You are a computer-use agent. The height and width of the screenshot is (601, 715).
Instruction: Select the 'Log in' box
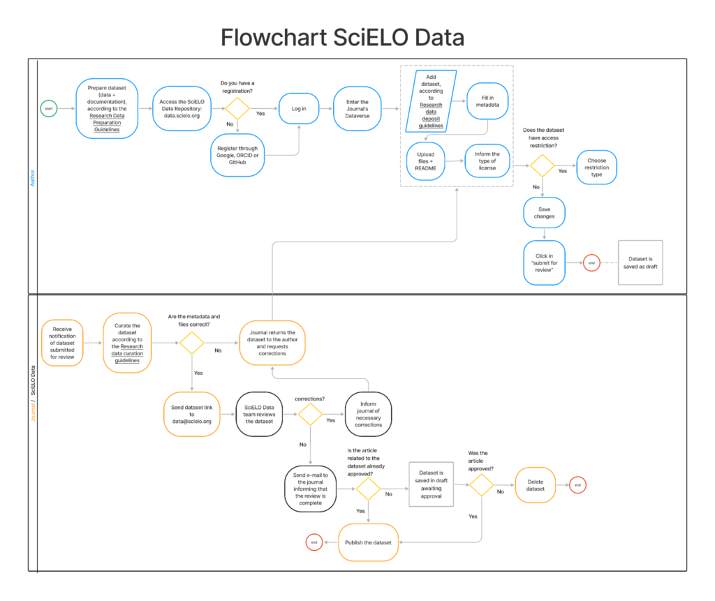(x=299, y=109)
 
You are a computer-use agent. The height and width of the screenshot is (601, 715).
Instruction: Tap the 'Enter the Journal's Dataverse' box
(x=357, y=109)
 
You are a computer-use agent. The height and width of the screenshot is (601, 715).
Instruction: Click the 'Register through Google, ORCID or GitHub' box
(x=237, y=155)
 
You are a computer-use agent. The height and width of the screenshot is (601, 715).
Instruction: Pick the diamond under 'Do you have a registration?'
(x=237, y=109)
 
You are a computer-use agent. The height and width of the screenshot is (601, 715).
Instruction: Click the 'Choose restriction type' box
(x=596, y=168)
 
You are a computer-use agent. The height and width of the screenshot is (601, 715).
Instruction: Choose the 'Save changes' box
(x=544, y=212)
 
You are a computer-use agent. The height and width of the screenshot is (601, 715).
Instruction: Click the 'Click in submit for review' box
(x=544, y=263)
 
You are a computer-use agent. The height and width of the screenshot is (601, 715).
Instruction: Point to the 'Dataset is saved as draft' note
(x=640, y=262)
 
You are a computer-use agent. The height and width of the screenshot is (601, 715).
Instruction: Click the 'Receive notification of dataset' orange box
(x=62, y=343)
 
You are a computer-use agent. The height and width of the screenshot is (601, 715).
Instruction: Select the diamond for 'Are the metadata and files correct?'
(x=191, y=343)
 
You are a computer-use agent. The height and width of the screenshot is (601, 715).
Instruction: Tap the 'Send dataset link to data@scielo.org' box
(x=191, y=415)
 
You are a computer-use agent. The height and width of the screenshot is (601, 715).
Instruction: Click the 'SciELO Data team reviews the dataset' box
(x=260, y=415)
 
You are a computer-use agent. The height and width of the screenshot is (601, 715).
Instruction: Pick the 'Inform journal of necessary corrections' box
(x=368, y=415)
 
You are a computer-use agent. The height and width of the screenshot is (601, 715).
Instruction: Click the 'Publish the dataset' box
(x=369, y=542)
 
